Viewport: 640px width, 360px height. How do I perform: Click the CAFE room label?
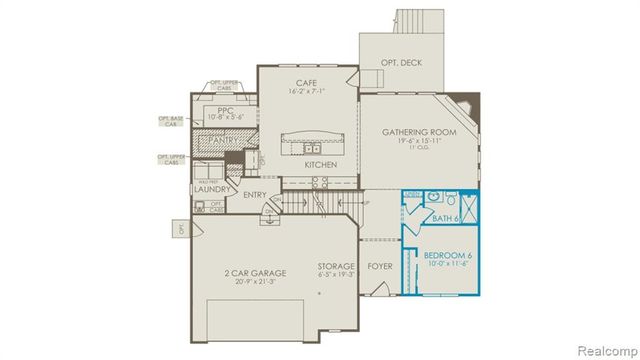click(307, 81)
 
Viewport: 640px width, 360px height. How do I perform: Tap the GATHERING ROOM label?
click(418, 132)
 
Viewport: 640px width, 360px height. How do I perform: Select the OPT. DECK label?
click(402, 62)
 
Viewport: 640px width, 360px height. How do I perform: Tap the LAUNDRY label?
click(215, 189)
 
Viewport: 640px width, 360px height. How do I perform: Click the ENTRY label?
click(255, 196)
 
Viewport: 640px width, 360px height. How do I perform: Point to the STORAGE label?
click(336, 267)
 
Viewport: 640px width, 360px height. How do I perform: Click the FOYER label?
click(380, 267)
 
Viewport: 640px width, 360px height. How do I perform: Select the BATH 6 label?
click(445, 218)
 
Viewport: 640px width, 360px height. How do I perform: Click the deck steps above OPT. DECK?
click(411, 21)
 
